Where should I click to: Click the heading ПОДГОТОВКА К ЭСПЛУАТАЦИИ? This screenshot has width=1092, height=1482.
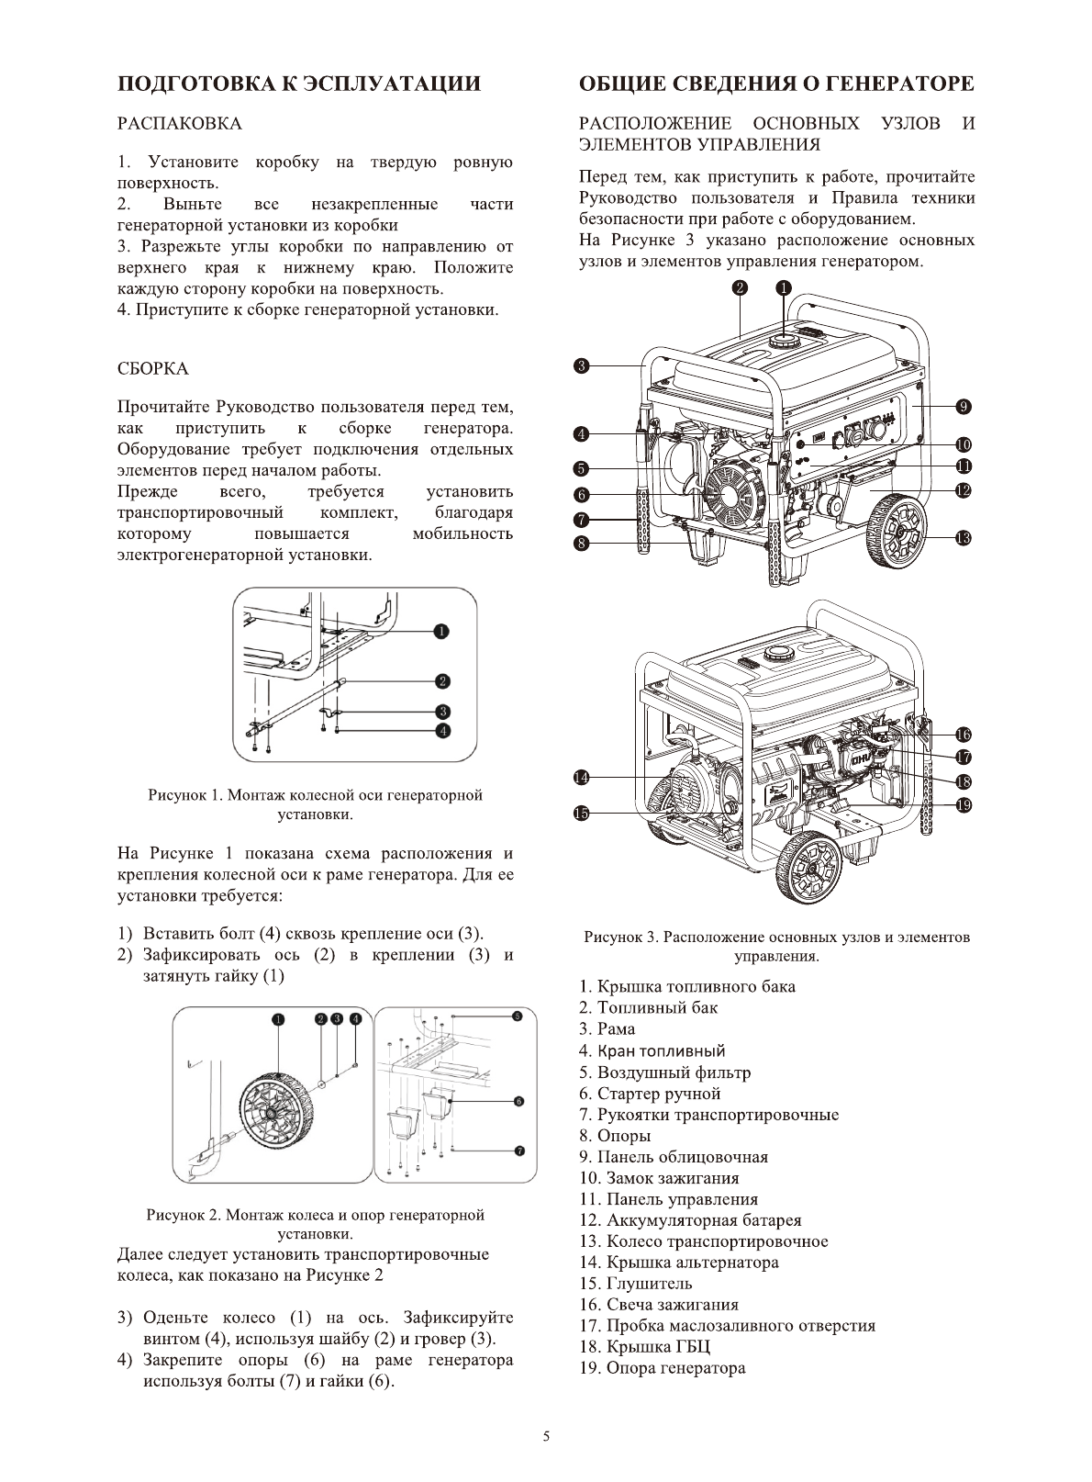(x=299, y=84)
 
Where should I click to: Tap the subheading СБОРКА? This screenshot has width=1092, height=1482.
(x=153, y=368)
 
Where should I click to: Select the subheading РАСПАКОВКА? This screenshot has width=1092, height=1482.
(x=180, y=123)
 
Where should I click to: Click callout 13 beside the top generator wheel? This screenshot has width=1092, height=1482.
(x=963, y=538)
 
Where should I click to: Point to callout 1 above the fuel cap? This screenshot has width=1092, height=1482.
(x=783, y=287)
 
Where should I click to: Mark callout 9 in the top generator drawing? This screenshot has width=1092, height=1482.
(x=963, y=406)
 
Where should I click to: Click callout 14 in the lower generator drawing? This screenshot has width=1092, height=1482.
(x=581, y=778)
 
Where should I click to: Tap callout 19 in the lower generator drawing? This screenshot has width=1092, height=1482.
(x=963, y=805)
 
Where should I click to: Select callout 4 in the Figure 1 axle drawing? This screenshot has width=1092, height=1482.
(x=442, y=731)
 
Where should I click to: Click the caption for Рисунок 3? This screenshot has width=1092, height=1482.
(x=776, y=947)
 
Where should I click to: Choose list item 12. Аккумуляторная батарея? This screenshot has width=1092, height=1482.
(x=690, y=1220)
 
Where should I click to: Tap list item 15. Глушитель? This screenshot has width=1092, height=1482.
(x=635, y=1284)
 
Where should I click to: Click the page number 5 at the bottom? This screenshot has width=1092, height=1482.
(x=546, y=1437)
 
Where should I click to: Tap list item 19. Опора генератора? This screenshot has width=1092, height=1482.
(x=662, y=1368)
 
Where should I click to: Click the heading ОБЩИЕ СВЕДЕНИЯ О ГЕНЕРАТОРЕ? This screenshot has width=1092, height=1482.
(x=776, y=84)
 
